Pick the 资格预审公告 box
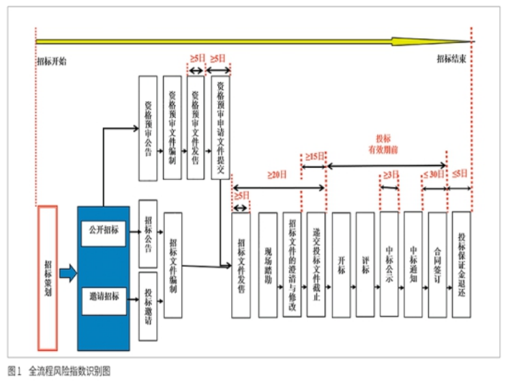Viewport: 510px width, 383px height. pos(147,128)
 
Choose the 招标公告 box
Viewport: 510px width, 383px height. pos(147,232)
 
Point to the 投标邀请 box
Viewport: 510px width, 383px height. pos(147,305)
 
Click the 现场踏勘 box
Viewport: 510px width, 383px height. pos(267,264)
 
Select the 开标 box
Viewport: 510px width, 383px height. pos(341,264)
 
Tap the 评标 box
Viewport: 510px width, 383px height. pos(365,264)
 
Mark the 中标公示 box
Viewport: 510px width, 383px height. pos(389,264)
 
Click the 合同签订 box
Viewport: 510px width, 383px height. pos(438,264)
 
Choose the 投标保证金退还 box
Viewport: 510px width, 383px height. pos(462,264)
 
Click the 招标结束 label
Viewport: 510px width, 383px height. pos(451,59)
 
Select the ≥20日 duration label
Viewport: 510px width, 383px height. pos(276,174)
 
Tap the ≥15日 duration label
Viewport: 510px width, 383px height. pos(315,157)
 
